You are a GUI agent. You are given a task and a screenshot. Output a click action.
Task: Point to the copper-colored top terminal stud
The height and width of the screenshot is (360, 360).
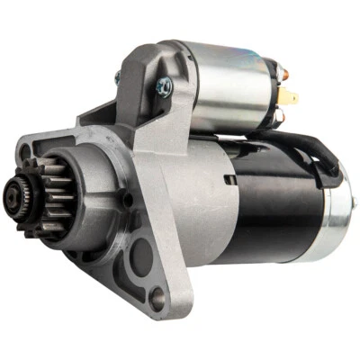[282, 71]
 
